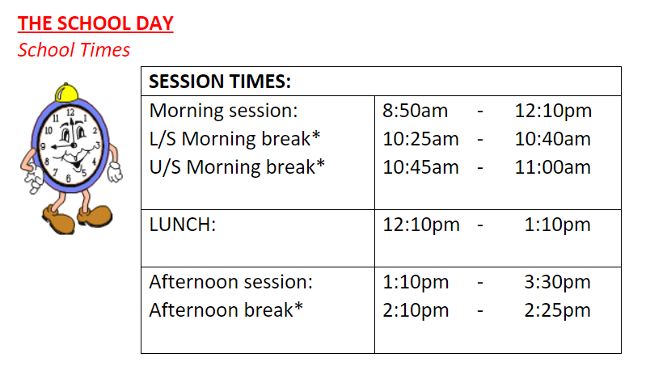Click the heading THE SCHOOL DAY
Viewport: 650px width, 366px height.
click(x=95, y=23)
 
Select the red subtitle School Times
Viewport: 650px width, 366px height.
click(x=74, y=50)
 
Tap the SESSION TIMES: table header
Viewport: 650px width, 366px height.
click(x=220, y=82)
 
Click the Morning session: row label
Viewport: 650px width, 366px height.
click(x=223, y=111)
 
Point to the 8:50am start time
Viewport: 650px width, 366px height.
click(x=415, y=111)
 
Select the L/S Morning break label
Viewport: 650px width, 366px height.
click(x=234, y=139)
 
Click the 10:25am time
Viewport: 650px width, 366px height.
click(x=420, y=139)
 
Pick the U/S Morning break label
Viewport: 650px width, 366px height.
click(x=237, y=167)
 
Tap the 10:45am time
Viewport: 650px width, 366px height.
click(x=420, y=167)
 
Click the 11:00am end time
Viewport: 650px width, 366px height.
click(x=553, y=167)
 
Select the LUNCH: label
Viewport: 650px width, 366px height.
click(x=183, y=225)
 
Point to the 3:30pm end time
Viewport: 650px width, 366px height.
click(x=557, y=282)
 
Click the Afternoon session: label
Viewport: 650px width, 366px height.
click(x=231, y=282)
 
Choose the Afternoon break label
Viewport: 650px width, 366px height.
click(x=226, y=310)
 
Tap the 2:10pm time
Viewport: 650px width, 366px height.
click(x=416, y=310)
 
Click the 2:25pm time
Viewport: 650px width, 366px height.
click(x=557, y=310)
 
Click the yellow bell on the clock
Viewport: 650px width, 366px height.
click(x=66, y=92)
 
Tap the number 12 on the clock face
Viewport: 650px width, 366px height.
click(x=70, y=112)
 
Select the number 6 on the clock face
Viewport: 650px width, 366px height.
click(x=69, y=179)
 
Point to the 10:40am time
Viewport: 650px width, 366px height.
click(x=553, y=139)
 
